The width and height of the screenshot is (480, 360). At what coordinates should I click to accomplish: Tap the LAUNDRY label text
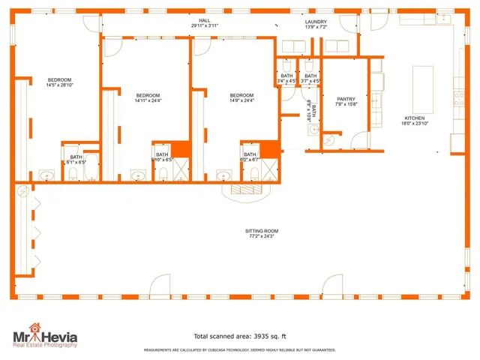pyautogui.click(x=316, y=22)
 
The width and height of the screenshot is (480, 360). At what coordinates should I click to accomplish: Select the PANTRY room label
pyautogui.click(x=346, y=98)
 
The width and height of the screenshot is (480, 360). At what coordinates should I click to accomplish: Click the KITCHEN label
pyautogui.click(x=415, y=118)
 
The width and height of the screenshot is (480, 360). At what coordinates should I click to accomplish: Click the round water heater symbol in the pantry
pyautogui.click(x=328, y=141)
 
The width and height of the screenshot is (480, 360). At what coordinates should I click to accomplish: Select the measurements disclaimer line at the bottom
pyautogui.click(x=240, y=349)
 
